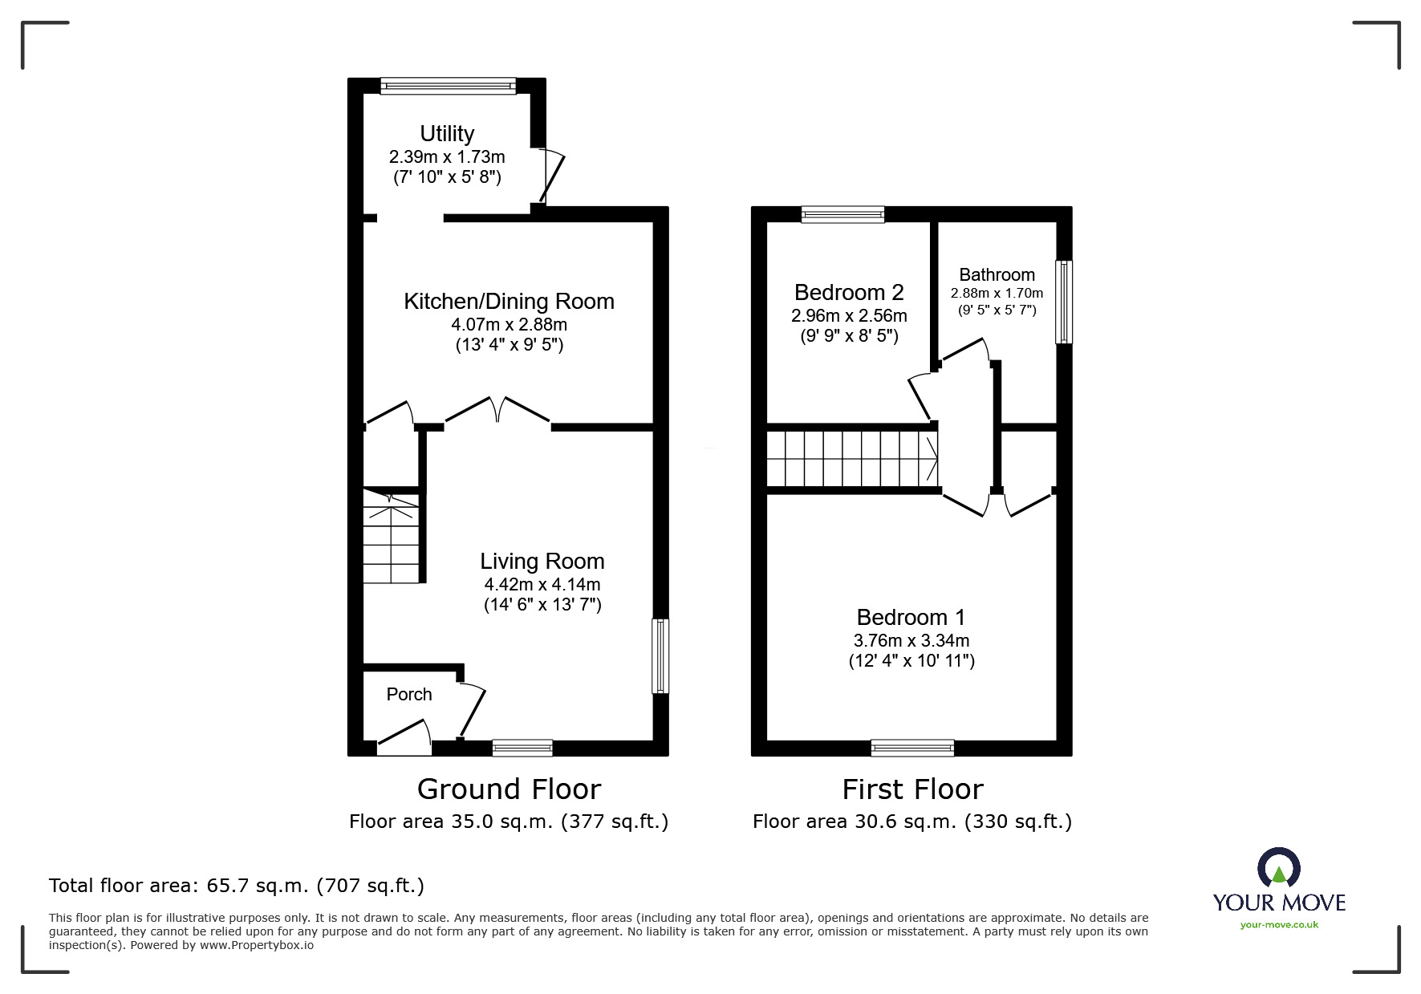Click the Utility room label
(x=447, y=133)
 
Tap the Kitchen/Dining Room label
(x=509, y=302)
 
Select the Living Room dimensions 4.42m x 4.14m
(x=542, y=585)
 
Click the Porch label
(x=409, y=695)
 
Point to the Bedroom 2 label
(x=849, y=292)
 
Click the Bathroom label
(x=997, y=275)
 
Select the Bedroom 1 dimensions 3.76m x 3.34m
(x=911, y=640)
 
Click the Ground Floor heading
(x=509, y=789)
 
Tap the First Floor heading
(x=912, y=789)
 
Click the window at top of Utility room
(x=448, y=86)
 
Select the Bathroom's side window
(x=1064, y=302)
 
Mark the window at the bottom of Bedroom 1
(x=912, y=748)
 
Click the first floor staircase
(x=852, y=459)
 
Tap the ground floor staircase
(x=391, y=535)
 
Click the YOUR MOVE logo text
(x=1279, y=903)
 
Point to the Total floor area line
(x=237, y=886)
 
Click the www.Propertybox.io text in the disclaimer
(x=257, y=945)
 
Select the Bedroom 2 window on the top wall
(x=842, y=214)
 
